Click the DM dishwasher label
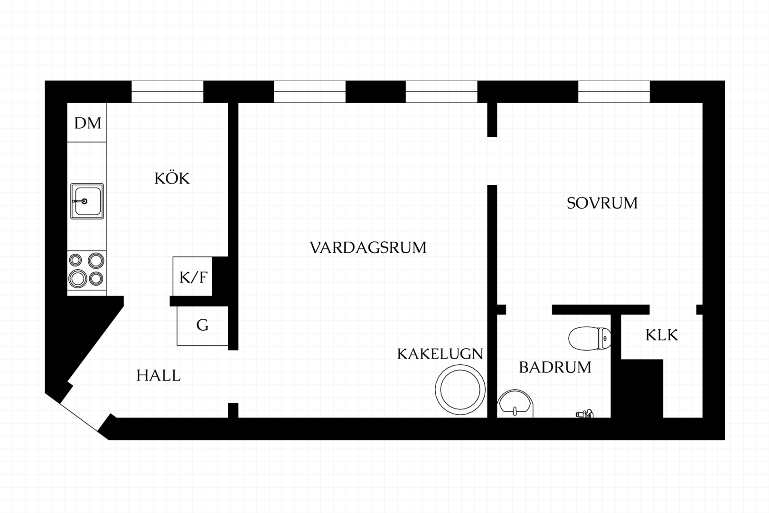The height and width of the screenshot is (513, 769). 88,123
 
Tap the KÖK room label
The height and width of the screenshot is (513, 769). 172,178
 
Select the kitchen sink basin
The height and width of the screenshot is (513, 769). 87,201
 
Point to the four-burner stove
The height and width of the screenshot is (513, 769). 86,270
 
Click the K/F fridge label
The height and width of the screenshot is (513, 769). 193,277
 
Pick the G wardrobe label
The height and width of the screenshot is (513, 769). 203,325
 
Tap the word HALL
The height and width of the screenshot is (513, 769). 159,376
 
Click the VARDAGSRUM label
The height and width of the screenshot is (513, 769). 368,247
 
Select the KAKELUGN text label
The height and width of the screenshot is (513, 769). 440,354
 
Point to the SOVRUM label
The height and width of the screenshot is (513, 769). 602,203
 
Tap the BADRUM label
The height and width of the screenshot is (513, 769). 555,367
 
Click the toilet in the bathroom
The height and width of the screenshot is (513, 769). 590,338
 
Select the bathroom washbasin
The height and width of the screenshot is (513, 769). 515,404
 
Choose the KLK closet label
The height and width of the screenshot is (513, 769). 662,335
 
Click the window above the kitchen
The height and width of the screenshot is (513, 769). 168,92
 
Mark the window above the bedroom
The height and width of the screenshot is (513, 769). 614,92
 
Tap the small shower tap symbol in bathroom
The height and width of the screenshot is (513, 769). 585,414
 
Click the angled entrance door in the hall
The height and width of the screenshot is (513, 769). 79,416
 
